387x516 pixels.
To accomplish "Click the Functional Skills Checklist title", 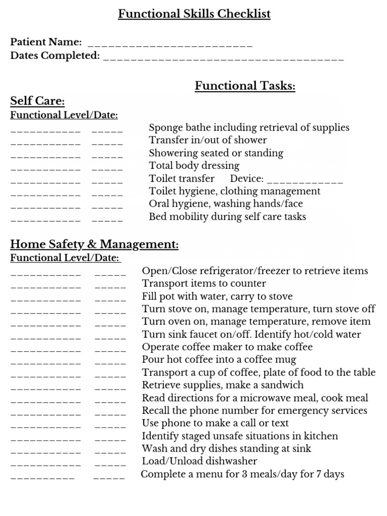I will [x=194, y=14].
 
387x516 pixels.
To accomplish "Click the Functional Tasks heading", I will [x=245, y=86].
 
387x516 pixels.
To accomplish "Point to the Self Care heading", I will [x=37, y=101].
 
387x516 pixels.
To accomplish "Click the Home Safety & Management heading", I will [x=94, y=245].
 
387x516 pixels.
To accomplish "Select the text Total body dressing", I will [x=194, y=166].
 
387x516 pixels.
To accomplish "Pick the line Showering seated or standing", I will [x=216, y=153].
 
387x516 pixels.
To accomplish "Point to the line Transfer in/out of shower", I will [x=208, y=140].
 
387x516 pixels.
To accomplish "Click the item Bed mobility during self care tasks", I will [x=227, y=217].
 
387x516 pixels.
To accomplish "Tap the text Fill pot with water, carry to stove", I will [x=217, y=296].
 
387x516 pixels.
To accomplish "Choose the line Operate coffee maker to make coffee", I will [x=227, y=347].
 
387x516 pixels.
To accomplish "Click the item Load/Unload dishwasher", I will [x=200, y=461].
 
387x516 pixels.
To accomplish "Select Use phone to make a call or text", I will [x=215, y=423].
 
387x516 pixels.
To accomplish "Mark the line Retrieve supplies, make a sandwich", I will [x=223, y=385].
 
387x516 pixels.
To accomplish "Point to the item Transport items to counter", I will [x=204, y=284].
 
